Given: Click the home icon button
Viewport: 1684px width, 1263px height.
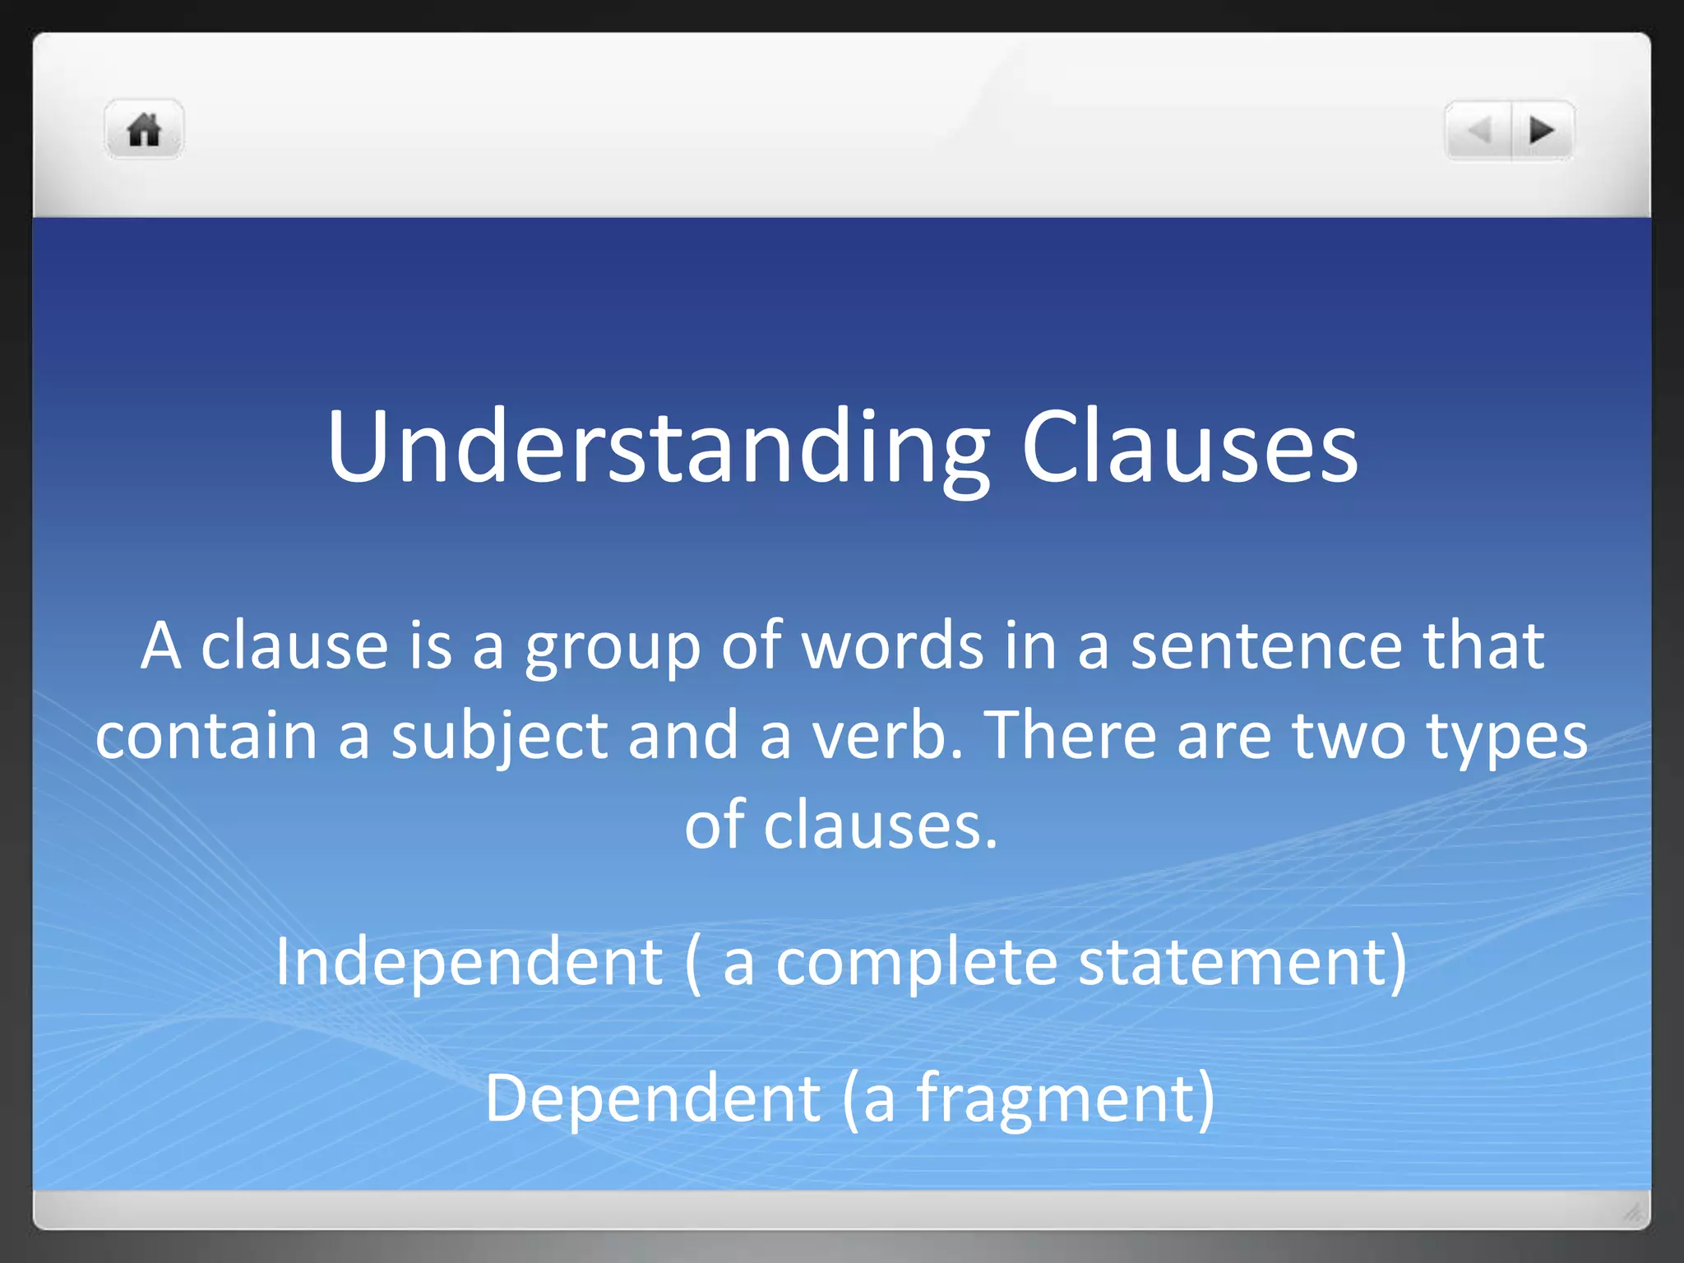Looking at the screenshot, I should pyautogui.click(x=144, y=130).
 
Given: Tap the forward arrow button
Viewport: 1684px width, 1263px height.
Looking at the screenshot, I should pyautogui.click(x=1542, y=130).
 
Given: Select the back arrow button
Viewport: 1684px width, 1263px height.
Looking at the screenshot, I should pyautogui.click(x=1479, y=130).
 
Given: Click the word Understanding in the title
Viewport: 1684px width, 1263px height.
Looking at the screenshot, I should pyautogui.click(x=658, y=448).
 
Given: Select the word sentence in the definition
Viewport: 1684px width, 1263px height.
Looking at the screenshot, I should pyautogui.click(x=1266, y=645).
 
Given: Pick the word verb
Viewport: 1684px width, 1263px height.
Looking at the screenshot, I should pyautogui.click(x=888, y=735).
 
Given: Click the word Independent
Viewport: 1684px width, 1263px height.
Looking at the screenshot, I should pyautogui.click(x=469, y=962).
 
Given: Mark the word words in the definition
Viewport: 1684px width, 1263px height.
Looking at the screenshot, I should pyautogui.click(x=892, y=645).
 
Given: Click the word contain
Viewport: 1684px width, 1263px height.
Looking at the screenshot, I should pyautogui.click(x=206, y=735).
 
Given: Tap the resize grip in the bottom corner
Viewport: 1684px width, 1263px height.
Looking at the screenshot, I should pyautogui.click(x=1632, y=1212).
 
